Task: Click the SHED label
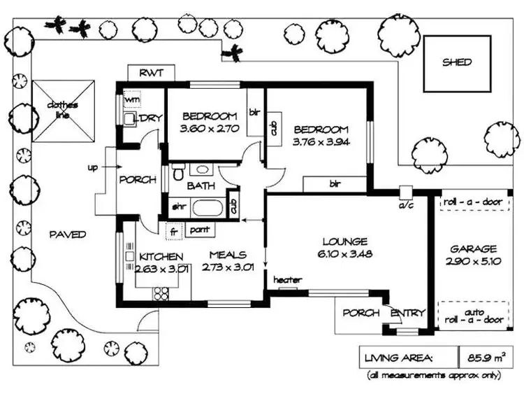[x=457, y=62]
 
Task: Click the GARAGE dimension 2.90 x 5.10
[x=473, y=261]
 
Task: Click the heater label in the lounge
[x=287, y=280]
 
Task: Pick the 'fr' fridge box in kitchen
[x=173, y=230]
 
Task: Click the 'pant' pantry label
[x=200, y=229]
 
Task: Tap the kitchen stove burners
[x=161, y=293]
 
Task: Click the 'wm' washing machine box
[x=132, y=99]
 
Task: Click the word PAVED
[x=67, y=234]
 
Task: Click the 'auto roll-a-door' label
[x=473, y=314]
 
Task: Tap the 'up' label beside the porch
[x=92, y=168]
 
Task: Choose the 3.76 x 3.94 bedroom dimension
[x=320, y=141]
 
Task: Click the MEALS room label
[x=227, y=256]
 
